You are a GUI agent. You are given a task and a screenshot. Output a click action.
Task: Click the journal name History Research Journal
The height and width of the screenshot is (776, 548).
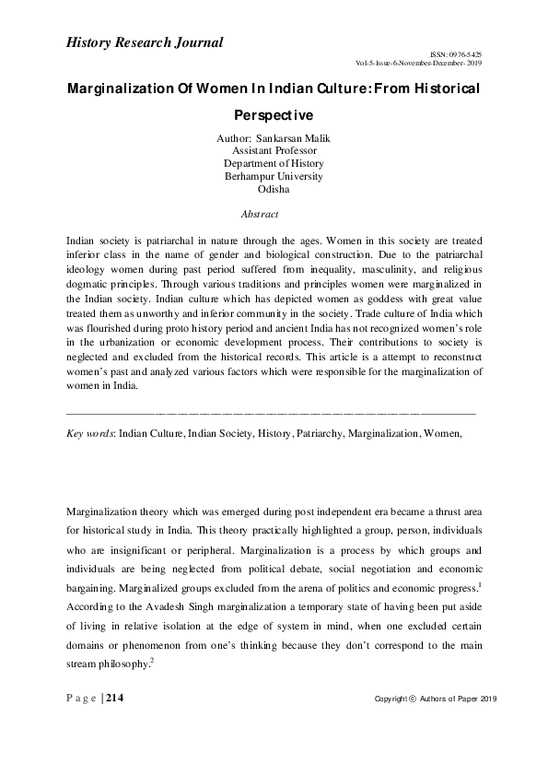point(145,41)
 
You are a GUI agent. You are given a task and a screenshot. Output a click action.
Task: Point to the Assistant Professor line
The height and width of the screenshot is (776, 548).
point(274,150)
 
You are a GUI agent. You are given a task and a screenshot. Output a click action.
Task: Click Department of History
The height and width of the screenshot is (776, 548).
point(274,163)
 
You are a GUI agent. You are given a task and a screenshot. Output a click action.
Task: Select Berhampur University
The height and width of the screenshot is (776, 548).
point(274,176)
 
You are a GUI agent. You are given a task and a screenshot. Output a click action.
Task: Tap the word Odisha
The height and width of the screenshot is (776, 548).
point(274,189)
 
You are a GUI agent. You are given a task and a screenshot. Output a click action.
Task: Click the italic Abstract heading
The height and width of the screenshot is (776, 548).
point(259,214)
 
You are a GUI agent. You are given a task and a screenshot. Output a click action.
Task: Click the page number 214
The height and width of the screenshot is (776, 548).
point(116,700)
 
